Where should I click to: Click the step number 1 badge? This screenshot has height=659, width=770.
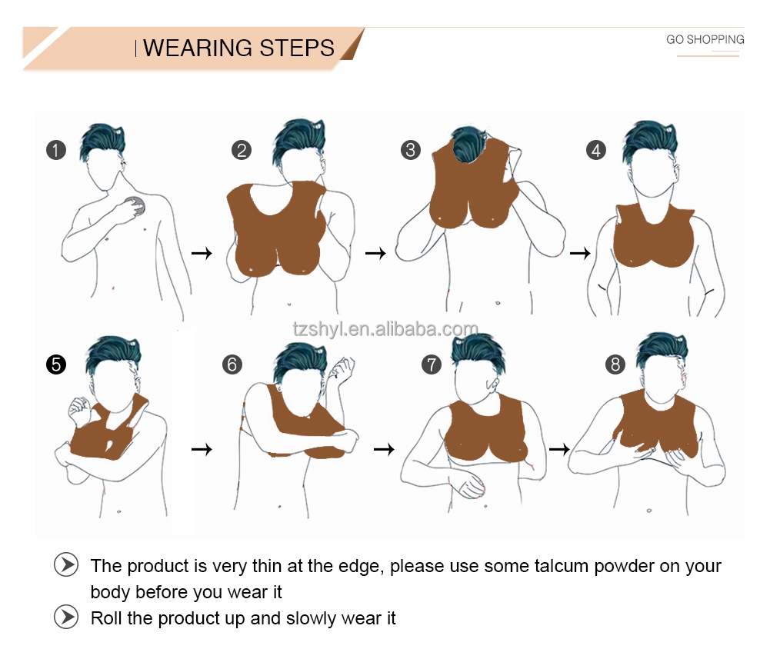[56, 150]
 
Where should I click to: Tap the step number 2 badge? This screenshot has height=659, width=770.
[241, 150]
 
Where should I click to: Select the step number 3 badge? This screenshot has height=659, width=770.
[411, 150]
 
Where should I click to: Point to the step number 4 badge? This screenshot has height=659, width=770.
[596, 150]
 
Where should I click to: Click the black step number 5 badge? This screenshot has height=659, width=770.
[56, 364]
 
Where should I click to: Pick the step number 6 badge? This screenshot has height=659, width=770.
[232, 364]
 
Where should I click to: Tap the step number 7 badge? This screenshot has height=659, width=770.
[432, 364]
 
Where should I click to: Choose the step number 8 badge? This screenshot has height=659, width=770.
[615, 364]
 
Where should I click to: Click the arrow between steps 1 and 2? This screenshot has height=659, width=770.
[202, 254]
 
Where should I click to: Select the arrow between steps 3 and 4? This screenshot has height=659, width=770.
[580, 254]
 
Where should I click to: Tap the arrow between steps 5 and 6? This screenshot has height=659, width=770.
[202, 449]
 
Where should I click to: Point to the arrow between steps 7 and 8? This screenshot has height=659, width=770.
[559, 449]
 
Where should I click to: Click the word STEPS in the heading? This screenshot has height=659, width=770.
[297, 48]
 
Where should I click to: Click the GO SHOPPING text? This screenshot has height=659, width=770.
[705, 40]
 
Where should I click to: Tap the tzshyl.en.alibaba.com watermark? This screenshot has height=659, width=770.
[385, 328]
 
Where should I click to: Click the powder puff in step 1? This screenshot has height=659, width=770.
[136, 205]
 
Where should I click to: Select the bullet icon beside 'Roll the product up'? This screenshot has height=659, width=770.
[66, 617]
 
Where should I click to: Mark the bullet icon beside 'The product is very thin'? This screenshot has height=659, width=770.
[66, 564]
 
